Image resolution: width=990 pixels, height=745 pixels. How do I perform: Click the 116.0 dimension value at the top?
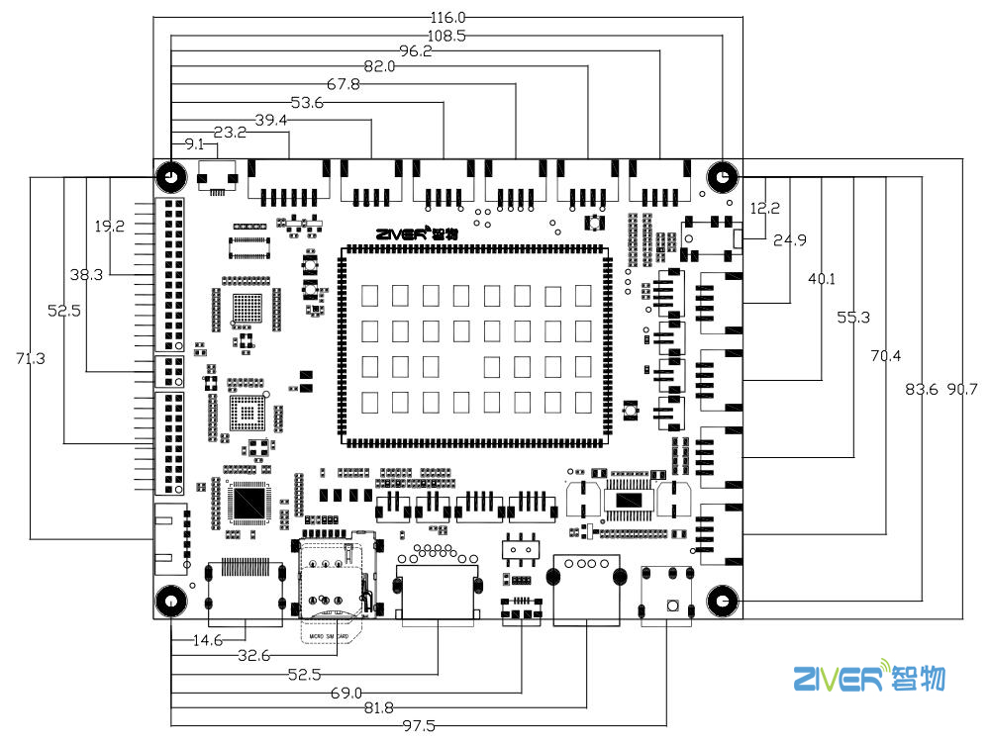[x=447, y=17]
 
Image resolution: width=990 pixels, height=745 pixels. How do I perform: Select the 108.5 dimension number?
[x=447, y=35]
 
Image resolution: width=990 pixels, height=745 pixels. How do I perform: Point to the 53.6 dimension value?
[x=308, y=102]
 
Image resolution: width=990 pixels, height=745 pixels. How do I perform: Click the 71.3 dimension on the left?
[x=30, y=358]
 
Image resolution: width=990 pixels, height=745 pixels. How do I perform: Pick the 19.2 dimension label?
[x=109, y=227]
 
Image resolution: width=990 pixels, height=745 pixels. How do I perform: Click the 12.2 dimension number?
[x=765, y=209]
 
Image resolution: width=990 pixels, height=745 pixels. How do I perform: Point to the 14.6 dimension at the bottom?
[x=208, y=639]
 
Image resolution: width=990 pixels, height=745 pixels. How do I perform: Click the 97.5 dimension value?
[x=420, y=725]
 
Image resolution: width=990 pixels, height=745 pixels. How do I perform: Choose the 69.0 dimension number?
[x=346, y=692]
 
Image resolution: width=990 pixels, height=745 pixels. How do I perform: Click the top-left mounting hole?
[x=170, y=178]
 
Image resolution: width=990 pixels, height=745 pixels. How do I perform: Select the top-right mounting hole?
[x=723, y=178]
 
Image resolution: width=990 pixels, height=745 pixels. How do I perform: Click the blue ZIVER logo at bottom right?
[x=868, y=678]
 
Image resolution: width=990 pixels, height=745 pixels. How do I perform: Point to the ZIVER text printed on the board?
[x=405, y=234]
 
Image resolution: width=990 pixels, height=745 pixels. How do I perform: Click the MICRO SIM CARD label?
[x=333, y=623]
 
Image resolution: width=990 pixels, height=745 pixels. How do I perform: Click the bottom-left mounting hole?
[x=170, y=601]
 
